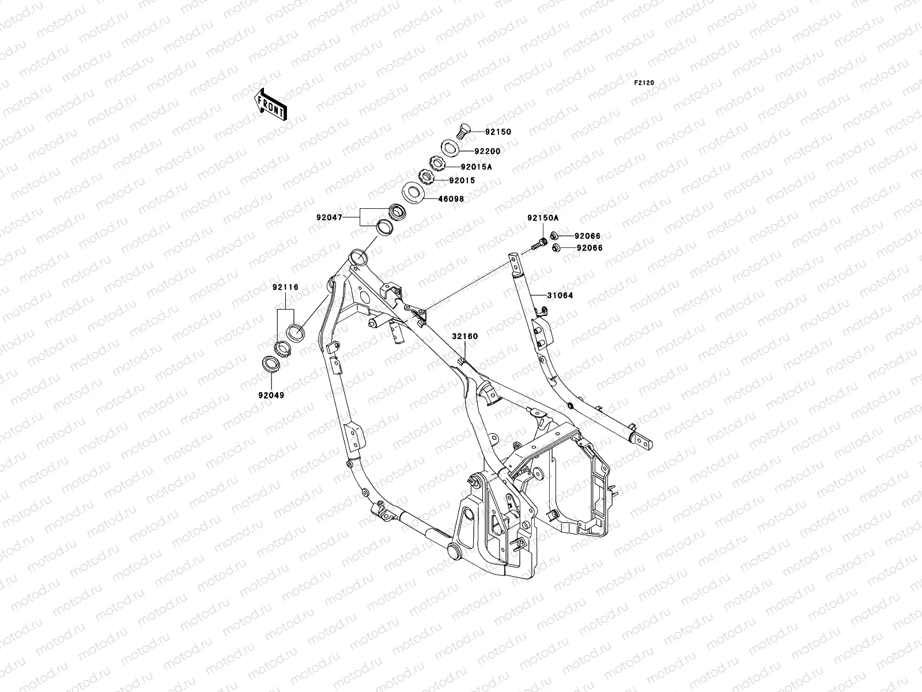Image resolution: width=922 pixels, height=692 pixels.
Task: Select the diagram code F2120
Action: (644, 83)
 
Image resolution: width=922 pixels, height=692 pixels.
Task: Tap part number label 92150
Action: (497, 132)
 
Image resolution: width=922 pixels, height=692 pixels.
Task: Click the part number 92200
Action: (488, 152)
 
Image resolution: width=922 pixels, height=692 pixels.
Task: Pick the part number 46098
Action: (451, 199)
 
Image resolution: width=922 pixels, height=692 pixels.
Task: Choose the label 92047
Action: (329, 218)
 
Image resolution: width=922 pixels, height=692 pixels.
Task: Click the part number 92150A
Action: (542, 219)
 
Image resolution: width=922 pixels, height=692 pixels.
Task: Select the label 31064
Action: (561, 296)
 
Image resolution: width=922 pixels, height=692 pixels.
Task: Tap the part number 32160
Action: (464, 336)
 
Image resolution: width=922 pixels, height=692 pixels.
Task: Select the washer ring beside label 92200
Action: (451, 149)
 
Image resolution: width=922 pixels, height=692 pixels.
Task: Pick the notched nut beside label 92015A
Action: (436, 164)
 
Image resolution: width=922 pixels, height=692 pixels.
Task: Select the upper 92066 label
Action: (571, 236)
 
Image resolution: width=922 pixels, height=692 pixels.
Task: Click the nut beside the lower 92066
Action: (556, 249)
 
